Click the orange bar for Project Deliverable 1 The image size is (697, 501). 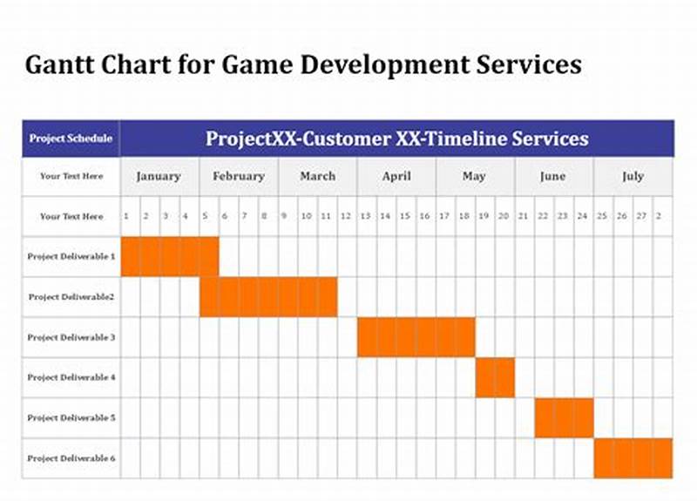170,256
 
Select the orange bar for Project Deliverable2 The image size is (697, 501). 268,296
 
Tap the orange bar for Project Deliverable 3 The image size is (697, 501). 416,337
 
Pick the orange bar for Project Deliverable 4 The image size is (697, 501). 495,377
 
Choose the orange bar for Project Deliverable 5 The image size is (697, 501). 564,417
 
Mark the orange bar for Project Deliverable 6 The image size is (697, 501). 633,457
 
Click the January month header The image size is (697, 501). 159,176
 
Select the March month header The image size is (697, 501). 317,176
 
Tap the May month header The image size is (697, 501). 474,176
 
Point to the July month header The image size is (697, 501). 633,176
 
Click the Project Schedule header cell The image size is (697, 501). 71,139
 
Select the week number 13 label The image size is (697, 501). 366,216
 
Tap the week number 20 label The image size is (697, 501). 504,216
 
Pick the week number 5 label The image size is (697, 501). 206,216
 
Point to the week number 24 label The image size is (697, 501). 582,216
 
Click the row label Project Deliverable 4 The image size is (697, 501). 71,377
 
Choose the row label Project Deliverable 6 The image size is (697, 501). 71,458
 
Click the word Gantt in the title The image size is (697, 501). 54,65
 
